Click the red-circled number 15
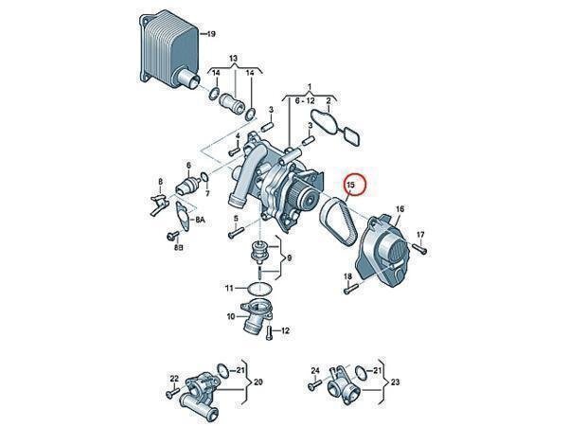[351, 186]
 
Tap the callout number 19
[211, 34]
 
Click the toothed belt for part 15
[338, 222]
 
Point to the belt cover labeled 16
[383, 251]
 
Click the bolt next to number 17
[419, 248]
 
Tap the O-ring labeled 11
[259, 289]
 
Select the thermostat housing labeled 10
[257, 316]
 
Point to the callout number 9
[289, 257]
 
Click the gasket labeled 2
[335, 128]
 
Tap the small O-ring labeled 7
[204, 177]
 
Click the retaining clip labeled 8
[158, 204]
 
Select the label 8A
[200, 220]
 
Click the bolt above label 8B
[171, 237]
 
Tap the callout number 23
[395, 382]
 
